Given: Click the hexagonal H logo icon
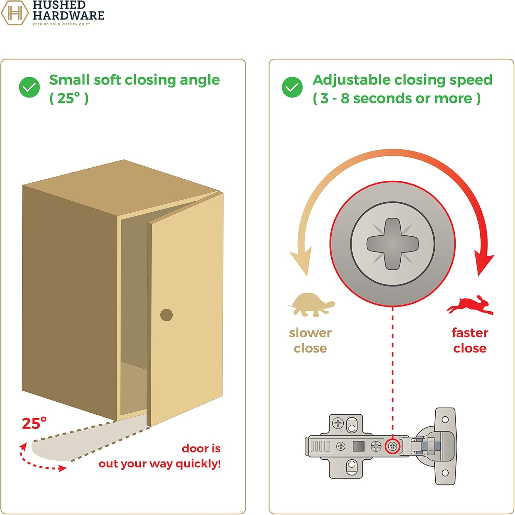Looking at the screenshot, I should (14, 13).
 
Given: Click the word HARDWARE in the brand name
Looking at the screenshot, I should (69, 15).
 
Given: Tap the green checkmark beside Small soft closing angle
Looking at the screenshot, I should (30, 87).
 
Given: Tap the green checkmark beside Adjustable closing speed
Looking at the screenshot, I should (292, 87).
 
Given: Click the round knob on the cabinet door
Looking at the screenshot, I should (167, 315).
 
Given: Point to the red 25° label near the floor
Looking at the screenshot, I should (34, 424).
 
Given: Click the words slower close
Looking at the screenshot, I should (310, 340).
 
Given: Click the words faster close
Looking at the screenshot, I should (470, 340).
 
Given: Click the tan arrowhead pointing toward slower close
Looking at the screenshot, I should (301, 262).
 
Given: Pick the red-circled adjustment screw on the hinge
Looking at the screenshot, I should (392, 447).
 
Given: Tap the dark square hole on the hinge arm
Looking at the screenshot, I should (358, 446).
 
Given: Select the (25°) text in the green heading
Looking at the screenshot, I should (69, 99).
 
